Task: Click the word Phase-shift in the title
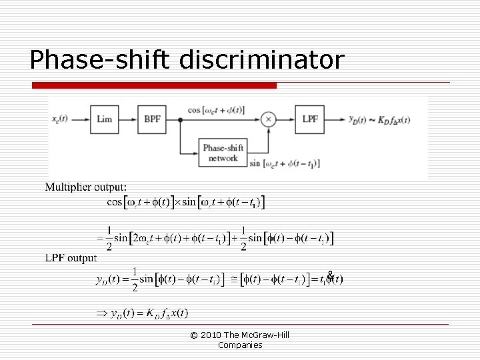[x=100, y=60]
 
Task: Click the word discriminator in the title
[x=262, y=60]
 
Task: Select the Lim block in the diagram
[x=105, y=119]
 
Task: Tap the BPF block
[x=152, y=119]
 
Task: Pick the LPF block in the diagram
[x=310, y=119]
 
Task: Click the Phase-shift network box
[x=223, y=153]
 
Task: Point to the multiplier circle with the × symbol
[x=268, y=119]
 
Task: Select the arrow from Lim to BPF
[x=128, y=119]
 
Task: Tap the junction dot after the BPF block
[x=180, y=119]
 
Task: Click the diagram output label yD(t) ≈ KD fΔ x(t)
[x=379, y=120]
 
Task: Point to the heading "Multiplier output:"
[x=85, y=187]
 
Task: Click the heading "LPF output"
[x=71, y=258]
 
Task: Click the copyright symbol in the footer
[x=193, y=335]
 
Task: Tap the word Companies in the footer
[x=240, y=345]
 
